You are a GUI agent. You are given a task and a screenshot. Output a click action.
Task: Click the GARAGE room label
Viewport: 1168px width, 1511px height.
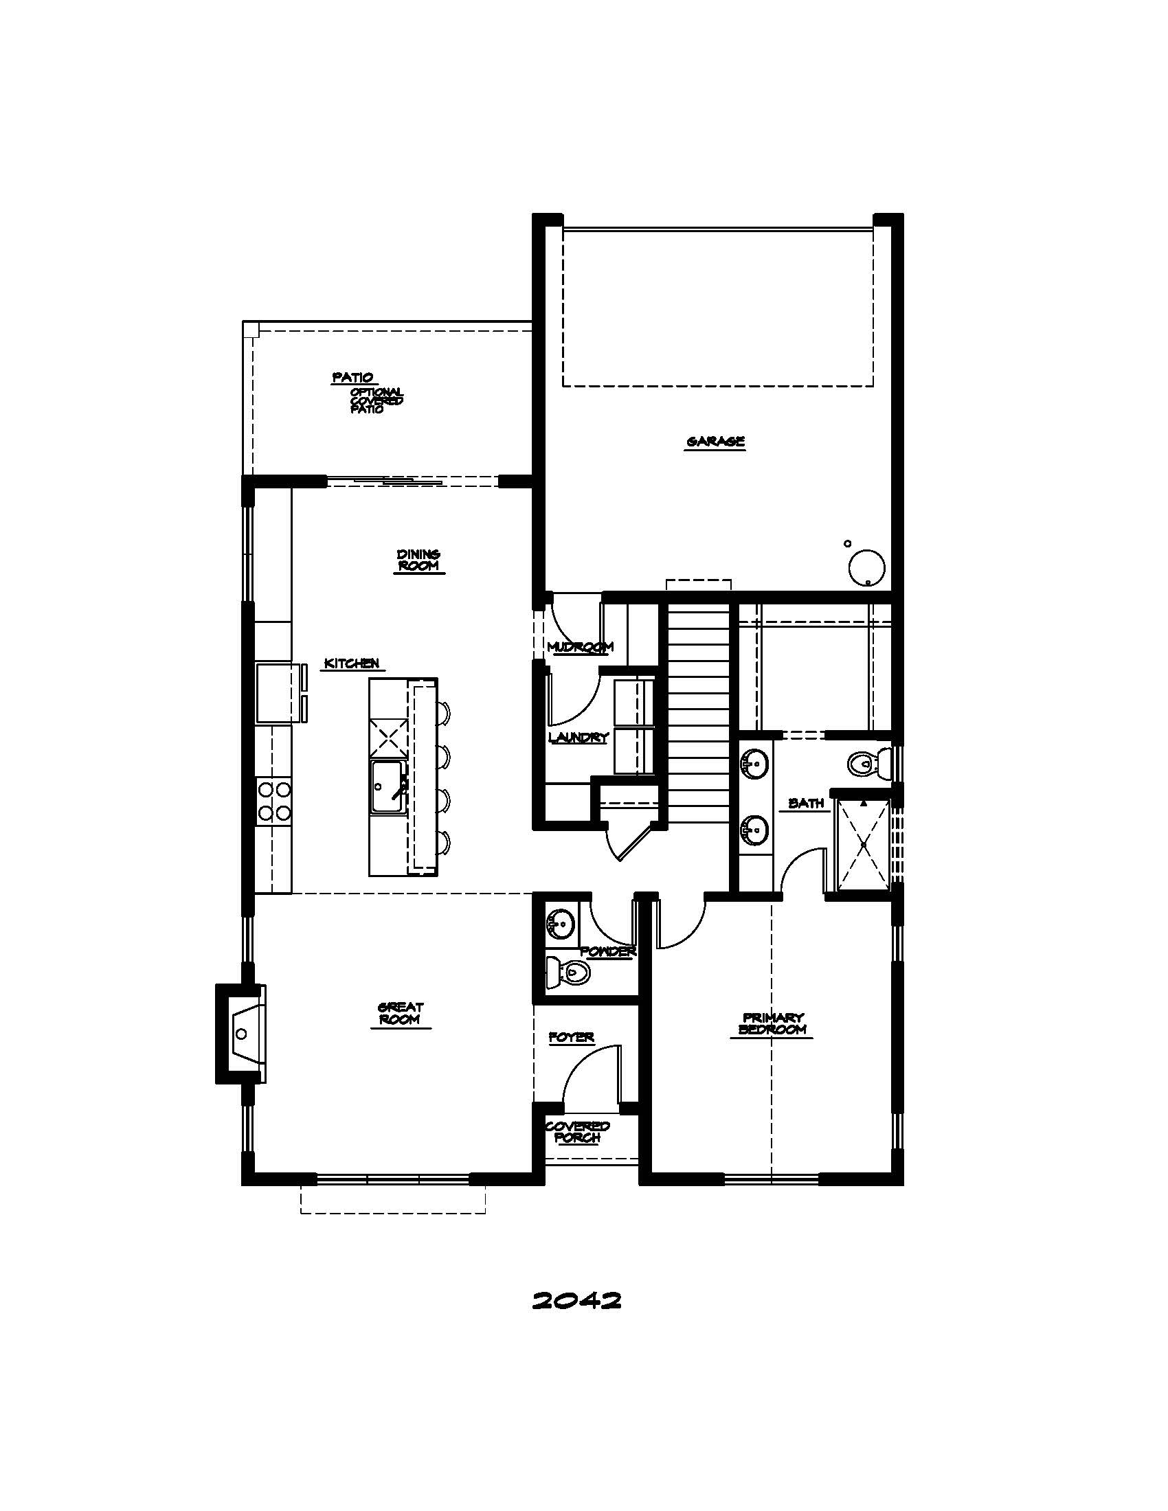coord(715,442)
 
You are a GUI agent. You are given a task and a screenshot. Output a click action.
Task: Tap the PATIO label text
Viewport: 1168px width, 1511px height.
coord(353,378)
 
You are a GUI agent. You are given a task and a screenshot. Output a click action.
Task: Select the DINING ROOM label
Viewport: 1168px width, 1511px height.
coord(418,560)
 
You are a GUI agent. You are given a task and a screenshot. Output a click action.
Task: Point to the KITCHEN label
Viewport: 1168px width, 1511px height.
coord(352,663)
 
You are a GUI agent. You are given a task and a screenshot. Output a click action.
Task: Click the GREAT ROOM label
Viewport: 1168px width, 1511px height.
coord(401,1014)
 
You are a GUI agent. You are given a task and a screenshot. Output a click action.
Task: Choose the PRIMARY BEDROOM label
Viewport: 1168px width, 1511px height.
coord(773,1023)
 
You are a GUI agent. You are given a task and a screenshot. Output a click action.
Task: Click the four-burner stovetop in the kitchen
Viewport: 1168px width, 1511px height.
coord(274,801)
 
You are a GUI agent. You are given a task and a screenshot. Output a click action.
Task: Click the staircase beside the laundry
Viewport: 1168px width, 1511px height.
coord(698,713)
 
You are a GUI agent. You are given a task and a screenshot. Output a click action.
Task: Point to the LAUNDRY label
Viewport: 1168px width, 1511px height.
coord(578,738)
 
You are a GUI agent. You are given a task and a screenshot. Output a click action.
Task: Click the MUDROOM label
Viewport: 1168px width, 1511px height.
coord(580,648)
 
